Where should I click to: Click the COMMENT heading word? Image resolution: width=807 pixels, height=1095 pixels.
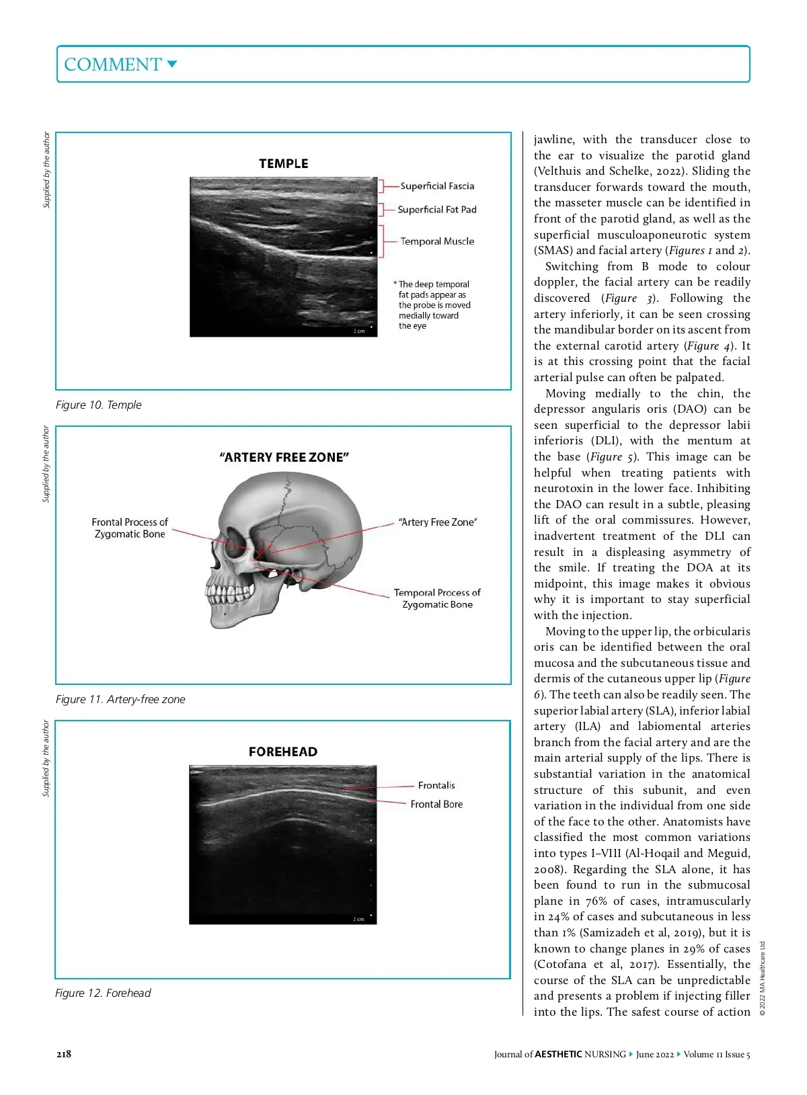point(112,65)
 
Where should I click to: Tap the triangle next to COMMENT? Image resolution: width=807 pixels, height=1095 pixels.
point(172,65)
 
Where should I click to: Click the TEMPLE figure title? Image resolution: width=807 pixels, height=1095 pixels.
point(283,163)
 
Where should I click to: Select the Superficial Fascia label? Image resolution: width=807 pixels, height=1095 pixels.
point(437,186)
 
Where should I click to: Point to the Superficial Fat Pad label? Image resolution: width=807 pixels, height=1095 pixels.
point(436,210)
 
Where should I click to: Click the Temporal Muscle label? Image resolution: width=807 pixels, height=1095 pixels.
point(437,241)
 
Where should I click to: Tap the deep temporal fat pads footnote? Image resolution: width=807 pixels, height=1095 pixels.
point(434,305)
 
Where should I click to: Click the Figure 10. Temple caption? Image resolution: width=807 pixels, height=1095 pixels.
point(99,405)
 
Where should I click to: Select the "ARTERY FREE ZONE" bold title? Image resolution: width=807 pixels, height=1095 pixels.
point(284,457)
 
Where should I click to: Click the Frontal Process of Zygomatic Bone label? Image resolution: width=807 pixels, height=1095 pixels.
point(130,528)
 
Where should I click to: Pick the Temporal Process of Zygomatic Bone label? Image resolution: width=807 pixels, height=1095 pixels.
point(437,598)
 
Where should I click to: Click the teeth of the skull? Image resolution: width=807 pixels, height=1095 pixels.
point(229,594)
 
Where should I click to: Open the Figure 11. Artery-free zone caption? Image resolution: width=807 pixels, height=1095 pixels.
point(120,699)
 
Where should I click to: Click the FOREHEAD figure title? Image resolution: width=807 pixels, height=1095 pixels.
point(282,752)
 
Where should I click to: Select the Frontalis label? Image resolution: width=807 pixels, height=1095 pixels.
point(436,785)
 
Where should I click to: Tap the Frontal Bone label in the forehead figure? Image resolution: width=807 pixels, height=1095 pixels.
point(436,804)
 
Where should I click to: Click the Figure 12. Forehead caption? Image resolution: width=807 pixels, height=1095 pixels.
point(103,993)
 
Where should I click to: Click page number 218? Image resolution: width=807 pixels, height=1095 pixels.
point(64,1054)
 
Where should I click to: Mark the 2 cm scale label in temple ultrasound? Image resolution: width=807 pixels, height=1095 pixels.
point(359,331)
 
